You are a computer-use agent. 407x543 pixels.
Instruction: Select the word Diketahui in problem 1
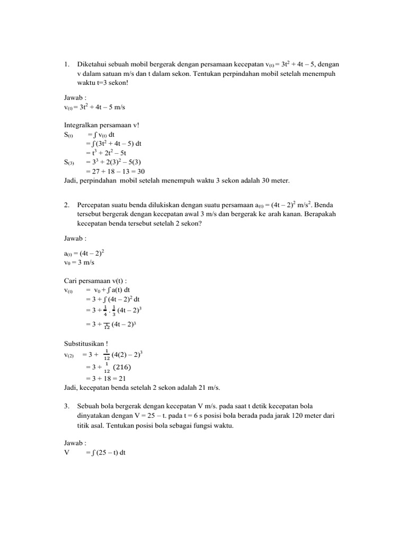[x=93, y=64]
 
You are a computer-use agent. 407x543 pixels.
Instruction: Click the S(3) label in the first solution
[x=69, y=162]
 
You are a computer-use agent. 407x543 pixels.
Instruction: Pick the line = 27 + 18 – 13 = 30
[x=115, y=171]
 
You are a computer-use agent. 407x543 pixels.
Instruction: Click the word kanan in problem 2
[x=290, y=214]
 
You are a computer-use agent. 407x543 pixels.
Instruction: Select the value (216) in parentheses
[x=122, y=367]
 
